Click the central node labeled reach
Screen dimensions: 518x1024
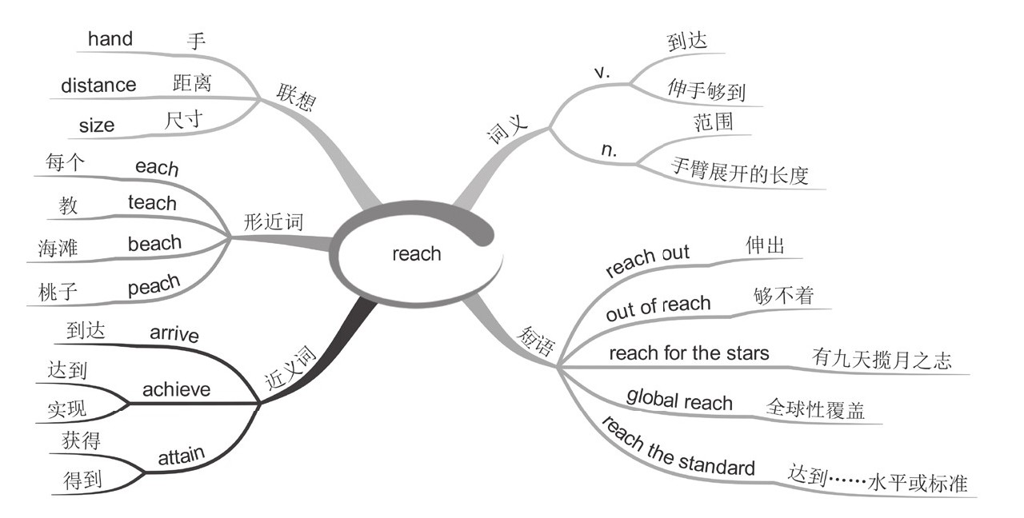tap(416, 254)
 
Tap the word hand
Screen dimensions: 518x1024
tap(110, 38)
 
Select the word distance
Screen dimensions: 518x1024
tap(98, 85)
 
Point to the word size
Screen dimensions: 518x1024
tap(97, 126)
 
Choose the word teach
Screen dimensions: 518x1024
tap(152, 203)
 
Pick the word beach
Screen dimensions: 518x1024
tap(154, 243)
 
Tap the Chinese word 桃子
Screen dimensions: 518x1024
tap(58, 292)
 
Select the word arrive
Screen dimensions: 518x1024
tap(174, 333)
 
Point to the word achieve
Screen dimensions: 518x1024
tap(176, 389)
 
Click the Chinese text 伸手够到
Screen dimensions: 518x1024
tap(706, 90)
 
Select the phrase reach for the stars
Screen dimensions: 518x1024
tap(689, 353)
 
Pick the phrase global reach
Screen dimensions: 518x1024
tap(679, 399)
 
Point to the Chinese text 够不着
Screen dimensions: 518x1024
tap(783, 296)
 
